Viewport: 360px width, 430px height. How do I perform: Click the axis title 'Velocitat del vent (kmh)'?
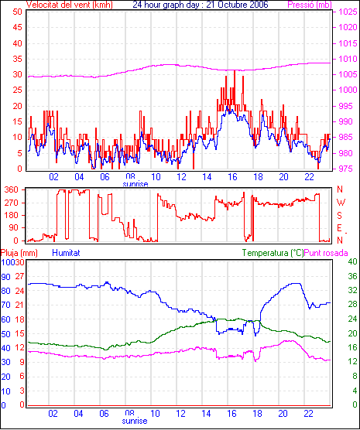pyautogui.click(x=70, y=5)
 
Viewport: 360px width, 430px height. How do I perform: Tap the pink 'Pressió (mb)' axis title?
pyautogui.click(x=310, y=5)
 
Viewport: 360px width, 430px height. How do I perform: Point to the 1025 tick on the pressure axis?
pyautogui.click(x=348, y=12)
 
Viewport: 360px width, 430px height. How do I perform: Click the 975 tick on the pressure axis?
pyautogui.click(x=345, y=169)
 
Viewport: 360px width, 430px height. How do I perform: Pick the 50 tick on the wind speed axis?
pyautogui.click(x=17, y=12)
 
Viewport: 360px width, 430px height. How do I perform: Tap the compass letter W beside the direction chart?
pyautogui.click(x=341, y=203)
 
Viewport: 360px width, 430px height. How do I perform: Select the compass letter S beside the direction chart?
pyautogui.click(x=339, y=216)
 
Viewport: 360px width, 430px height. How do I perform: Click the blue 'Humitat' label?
pyautogui.click(x=66, y=253)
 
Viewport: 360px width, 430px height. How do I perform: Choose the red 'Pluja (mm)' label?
pyautogui.click(x=19, y=253)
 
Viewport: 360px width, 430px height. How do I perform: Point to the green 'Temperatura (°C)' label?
pyautogui.click(x=273, y=253)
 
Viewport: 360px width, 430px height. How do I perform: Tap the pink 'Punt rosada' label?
pyautogui.click(x=326, y=253)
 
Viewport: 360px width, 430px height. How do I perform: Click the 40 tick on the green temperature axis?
pyautogui.click(x=352, y=261)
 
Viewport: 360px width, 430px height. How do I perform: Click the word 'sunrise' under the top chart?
pyautogui.click(x=135, y=184)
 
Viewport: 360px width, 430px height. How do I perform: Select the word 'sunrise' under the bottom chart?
pyautogui.click(x=135, y=421)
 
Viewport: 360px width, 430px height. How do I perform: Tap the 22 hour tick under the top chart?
pyautogui.click(x=309, y=177)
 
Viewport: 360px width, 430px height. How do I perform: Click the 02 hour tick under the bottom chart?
pyautogui.click(x=53, y=414)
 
